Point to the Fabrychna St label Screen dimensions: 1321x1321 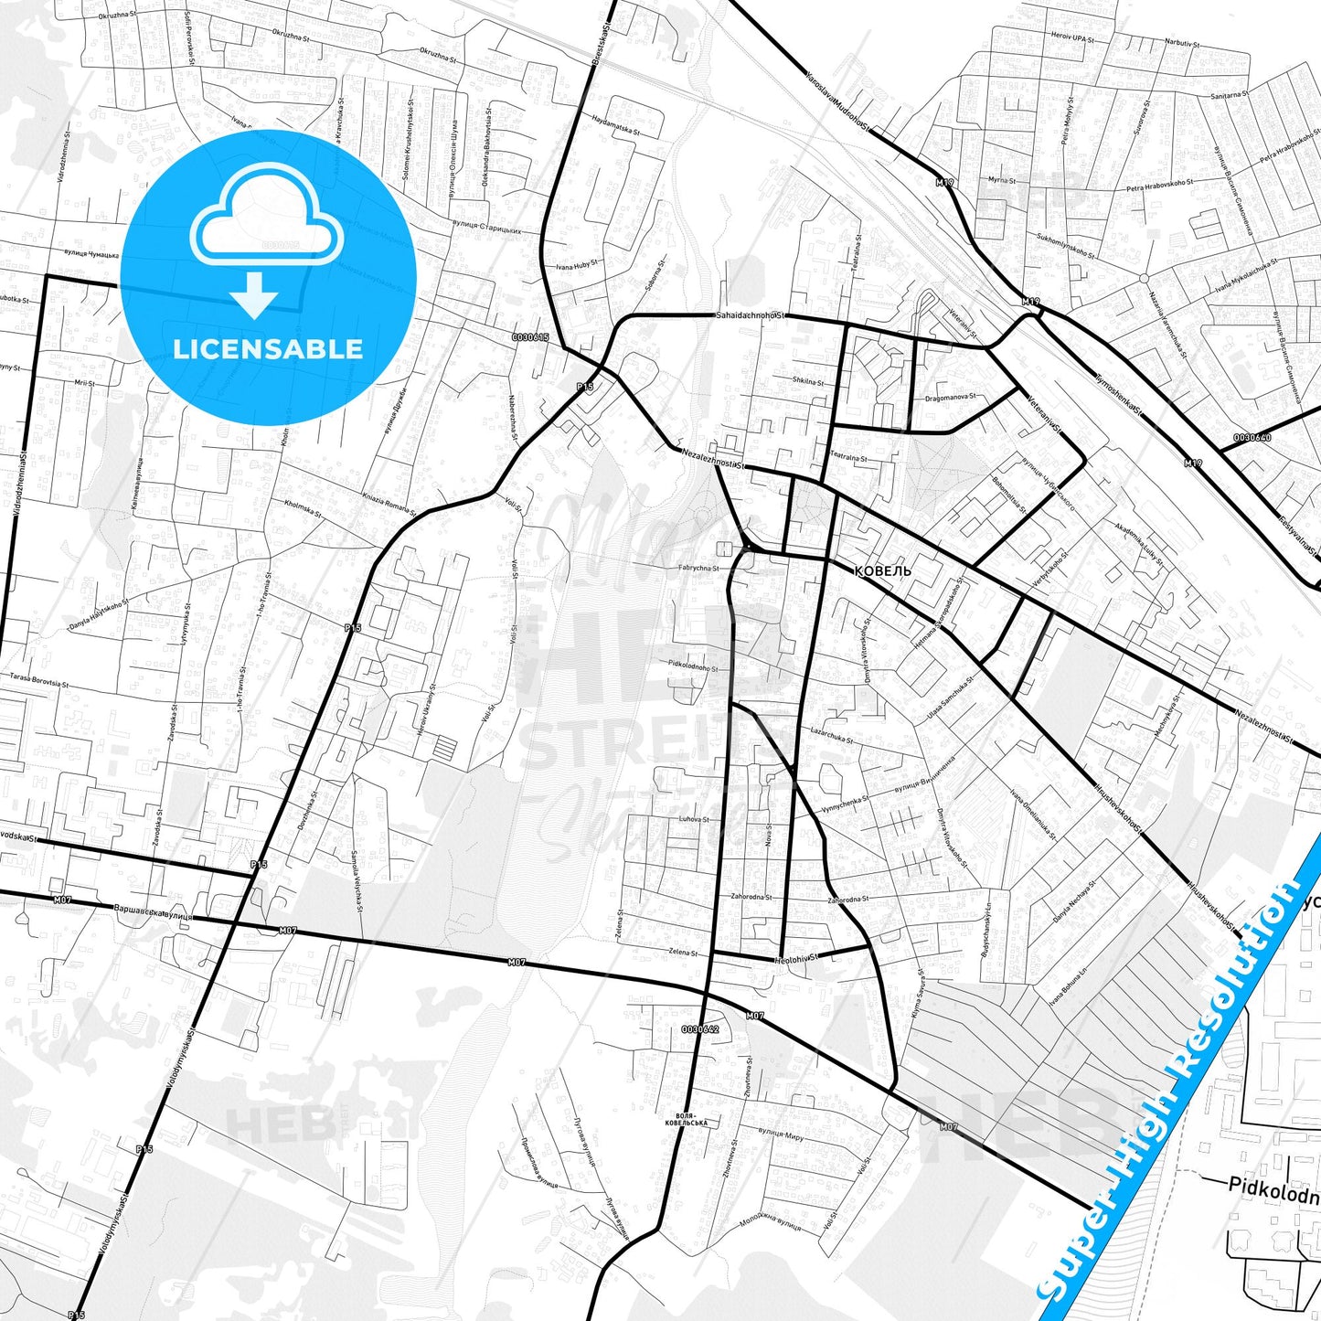(698, 569)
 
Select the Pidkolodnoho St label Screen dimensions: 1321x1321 (693, 667)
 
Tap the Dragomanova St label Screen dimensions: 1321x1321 (951, 398)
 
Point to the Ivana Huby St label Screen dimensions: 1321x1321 (576, 266)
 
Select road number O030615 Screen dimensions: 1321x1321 (530, 337)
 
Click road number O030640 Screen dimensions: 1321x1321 (1252, 438)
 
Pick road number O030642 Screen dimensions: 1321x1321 (700, 1028)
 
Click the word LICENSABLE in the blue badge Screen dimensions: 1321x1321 (268, 349)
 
